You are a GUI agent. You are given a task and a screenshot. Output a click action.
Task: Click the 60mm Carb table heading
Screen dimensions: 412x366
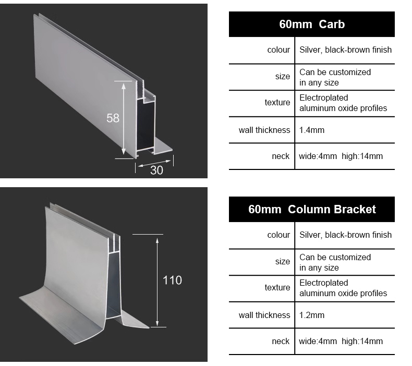pos(312,24)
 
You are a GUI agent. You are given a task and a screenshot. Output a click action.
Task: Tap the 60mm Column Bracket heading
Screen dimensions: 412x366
pos(312,209)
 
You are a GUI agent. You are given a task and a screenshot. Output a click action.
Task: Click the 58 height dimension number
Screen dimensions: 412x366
pos(113,118)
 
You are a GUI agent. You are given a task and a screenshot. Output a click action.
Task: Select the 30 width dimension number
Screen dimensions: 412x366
pos(156,170)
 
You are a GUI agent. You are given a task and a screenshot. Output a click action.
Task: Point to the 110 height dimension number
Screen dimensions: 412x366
pos(173,280)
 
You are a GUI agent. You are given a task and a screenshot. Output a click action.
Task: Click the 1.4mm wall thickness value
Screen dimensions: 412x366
pos(312,130)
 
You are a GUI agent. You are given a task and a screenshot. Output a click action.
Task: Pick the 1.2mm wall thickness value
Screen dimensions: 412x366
pos(312,315)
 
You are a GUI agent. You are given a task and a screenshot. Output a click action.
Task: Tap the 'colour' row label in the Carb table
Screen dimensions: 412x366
pos(278,50)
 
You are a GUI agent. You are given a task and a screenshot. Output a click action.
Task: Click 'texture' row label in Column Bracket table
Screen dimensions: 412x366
pos(277,287)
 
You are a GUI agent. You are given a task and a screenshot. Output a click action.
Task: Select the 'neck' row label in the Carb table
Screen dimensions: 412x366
pos(281,156)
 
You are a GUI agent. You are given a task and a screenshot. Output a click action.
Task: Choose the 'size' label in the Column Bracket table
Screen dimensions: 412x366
pos(283,261)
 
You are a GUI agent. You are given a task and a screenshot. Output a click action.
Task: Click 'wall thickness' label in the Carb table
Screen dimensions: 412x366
pos(264,130)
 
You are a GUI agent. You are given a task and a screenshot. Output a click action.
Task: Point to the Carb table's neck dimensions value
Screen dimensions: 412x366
pos(341,156)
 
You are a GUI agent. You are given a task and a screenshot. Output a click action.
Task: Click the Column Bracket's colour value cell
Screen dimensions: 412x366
pos(346,235)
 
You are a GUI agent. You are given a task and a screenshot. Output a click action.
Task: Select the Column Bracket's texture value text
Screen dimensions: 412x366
pos(343,288)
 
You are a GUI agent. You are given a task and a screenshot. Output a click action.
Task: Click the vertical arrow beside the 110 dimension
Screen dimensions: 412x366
pos(157,282)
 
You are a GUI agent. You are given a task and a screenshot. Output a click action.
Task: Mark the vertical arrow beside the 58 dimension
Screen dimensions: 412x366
pos(124,118)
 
